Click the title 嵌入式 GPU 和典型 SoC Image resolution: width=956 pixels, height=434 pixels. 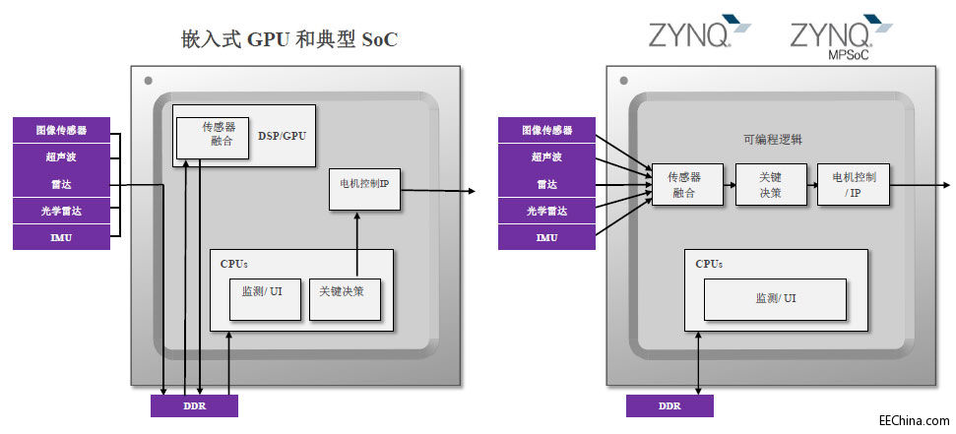[x=288, y=39]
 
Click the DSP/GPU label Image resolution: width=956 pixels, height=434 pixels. [x=282, y=135]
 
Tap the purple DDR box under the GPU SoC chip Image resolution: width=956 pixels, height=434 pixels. [x=194, y=405]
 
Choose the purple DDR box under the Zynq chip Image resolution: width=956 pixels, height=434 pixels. [x=669, y=405]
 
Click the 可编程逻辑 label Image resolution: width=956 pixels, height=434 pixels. [x=773, y=140]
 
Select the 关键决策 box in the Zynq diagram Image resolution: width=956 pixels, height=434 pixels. [x=771, y=184]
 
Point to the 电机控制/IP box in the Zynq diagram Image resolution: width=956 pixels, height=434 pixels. [x=853, y=184]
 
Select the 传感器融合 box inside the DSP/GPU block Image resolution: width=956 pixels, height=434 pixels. [x=212, y=136]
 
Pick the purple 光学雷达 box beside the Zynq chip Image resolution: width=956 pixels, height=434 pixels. [x=545, y=211]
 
